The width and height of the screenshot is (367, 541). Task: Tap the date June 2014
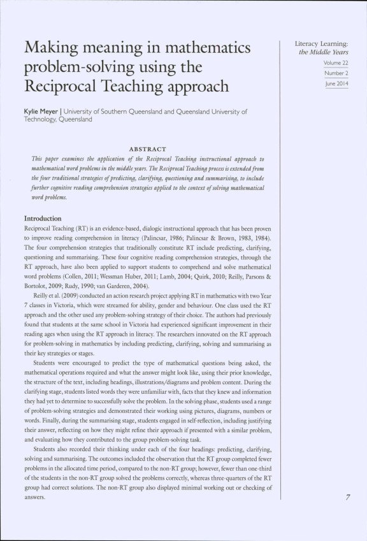tap(335, 84)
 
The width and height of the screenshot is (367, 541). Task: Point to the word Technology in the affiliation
tap(43, 119)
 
